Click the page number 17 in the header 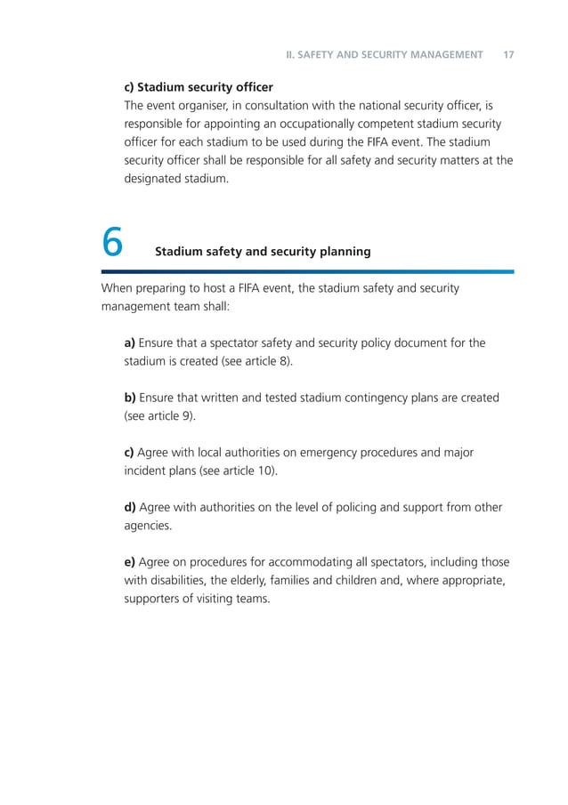(x=508, y=55)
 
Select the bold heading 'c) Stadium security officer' (x=198, y=87)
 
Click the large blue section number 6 (x=112, y=242)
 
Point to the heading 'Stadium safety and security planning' (x=263, y=252)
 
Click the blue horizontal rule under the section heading (x=307, y=271)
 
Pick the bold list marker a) (x=130, y=343)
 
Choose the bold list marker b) (x=130, y=398)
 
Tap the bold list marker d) (x=130, y=507)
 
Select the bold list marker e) (x=130, y=562)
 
